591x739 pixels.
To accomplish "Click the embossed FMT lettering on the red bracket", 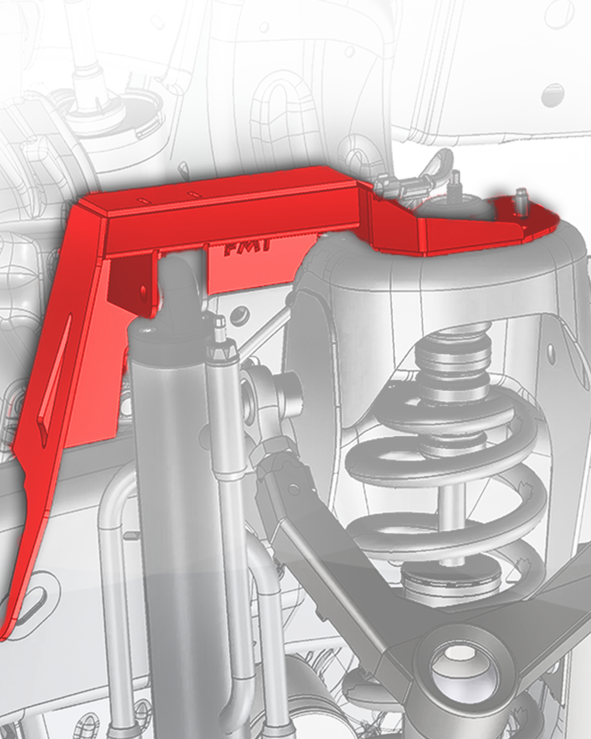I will pos(247,247).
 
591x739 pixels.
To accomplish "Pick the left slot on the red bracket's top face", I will pos(143,198).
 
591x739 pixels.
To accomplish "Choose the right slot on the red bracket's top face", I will pos(192,193).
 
